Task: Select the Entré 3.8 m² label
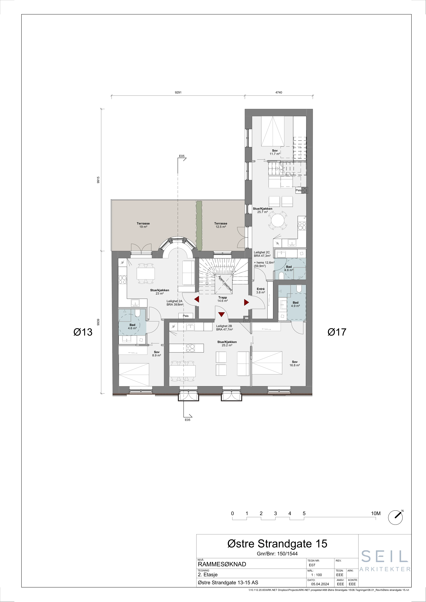click(261, 291)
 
